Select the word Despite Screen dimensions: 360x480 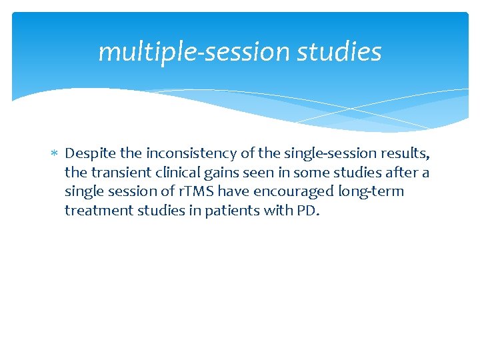(89, 154)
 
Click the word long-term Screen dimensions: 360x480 (372, 192)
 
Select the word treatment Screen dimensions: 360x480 (93, 211)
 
